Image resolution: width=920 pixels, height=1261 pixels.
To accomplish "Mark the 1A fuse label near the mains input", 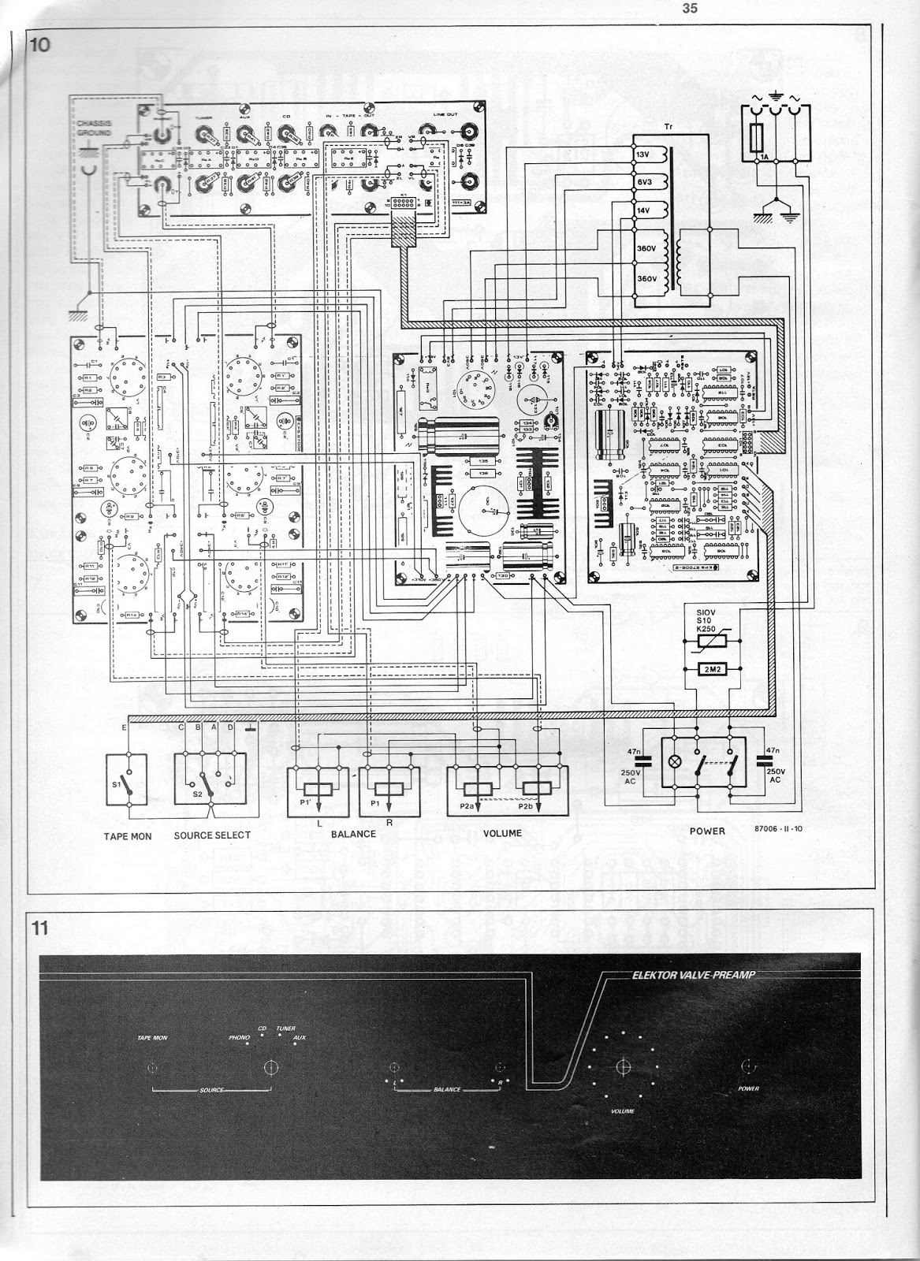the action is click(x=763, y=158).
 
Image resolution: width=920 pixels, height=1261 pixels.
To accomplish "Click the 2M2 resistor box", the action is click(x=712, y=668).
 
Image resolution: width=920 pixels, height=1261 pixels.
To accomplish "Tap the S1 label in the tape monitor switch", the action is click(x=117, y=785).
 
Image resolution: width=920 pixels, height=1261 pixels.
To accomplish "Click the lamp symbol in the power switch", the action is click(x=676, y=763).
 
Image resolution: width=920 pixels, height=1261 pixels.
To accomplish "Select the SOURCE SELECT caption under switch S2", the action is click(x=212, y=835).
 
